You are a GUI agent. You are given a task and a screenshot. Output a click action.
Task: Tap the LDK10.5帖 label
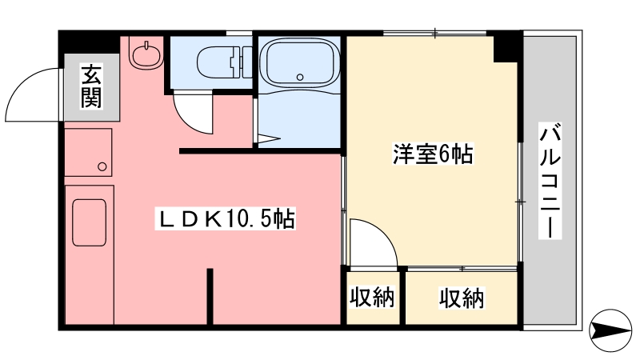pyautogui.click(x=225, y=219)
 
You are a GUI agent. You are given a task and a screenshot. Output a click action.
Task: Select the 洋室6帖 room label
pyautogui.click(x=433, y=154)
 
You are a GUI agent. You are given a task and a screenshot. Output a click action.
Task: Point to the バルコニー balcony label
pyautogui.click(x=550, y=180)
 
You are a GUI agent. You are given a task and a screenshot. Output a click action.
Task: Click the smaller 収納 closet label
pyautogui.click(x=372, y=297)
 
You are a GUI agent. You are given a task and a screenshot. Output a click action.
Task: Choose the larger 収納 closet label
pyautogui.click(x=462, y=298)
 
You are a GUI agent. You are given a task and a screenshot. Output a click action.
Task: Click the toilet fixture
pyautogui.click(x=225, y=62)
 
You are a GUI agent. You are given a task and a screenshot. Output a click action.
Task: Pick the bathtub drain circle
pyautogui.click(x=300, y=77)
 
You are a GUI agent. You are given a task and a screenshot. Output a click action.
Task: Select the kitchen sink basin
pyautogui.click(x=90, y=222)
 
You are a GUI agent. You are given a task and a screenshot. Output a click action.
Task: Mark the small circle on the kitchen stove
pyautogui.click(x=102, y=166)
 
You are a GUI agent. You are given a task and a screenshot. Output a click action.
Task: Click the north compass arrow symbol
pyautogui.click(x=610, y=330)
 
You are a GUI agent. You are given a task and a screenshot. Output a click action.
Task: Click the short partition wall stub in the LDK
pyautogui.click(x=210, y=295)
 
